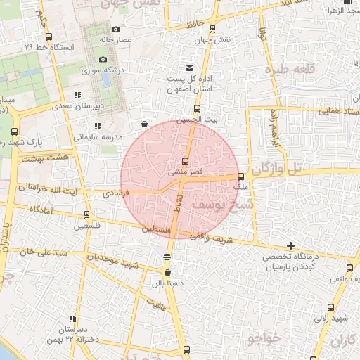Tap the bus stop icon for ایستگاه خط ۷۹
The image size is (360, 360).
(x=49, y=37)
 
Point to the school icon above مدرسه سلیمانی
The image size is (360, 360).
(x=97, y=126)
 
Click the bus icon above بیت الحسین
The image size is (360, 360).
(x=196, y=109)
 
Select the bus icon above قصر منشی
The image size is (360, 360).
(x=186, y=160)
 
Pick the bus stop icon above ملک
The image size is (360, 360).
(x=241, y=176)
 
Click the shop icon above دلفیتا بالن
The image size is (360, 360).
(x=167, y=273)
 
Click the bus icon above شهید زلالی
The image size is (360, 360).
(x=331, y=307)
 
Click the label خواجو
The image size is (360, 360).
(x=264, y=340)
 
